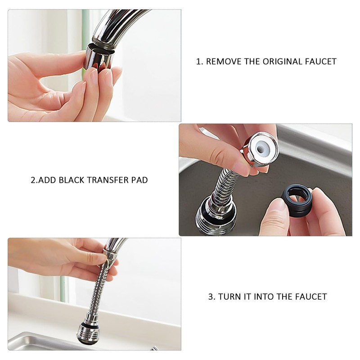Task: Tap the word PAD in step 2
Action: click(x=139, y=180)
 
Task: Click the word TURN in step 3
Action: click(x=228, y=297)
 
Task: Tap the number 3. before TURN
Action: click(x=211, y=297)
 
